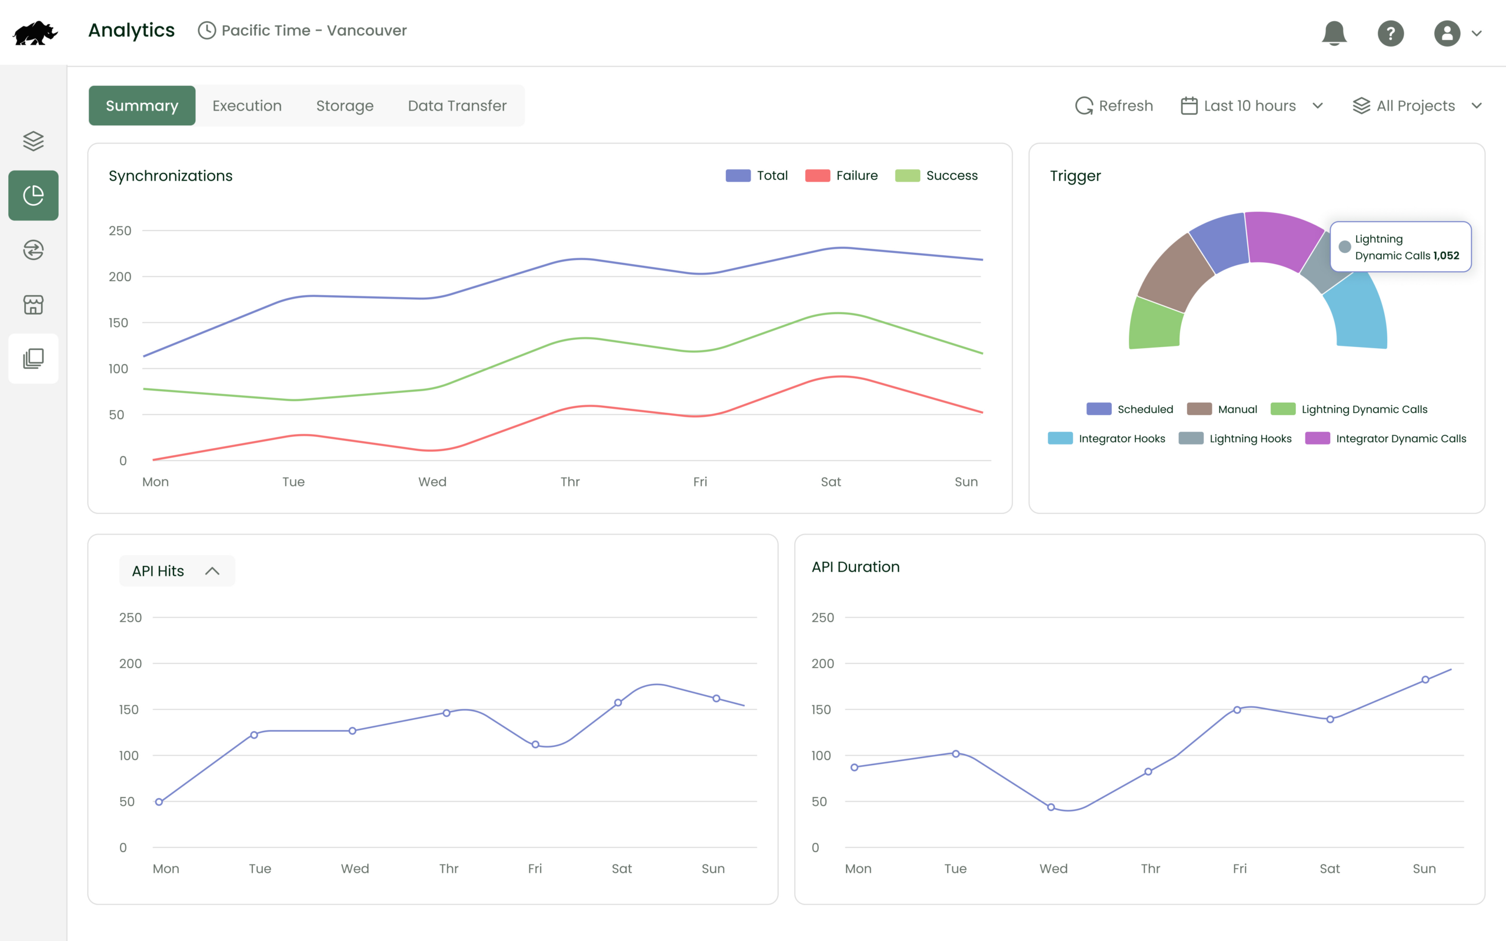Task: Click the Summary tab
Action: tap(142, 106)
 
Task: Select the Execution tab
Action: tap(247, 106)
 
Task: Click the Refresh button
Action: tap(1114, 106)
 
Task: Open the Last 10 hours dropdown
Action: tap(1251, 106)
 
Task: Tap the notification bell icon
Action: tap(1334, 33)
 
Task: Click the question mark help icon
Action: tap(1390, 33)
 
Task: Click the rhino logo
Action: tap(35, 33)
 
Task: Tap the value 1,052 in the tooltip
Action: tap(1446, 256)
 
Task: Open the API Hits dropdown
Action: tap(176, 570)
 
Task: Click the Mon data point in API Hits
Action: tap(159, 802)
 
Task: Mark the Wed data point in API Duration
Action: tap(1051, 807)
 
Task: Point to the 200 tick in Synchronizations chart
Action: tap(119, 276)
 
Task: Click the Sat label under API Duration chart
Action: tap(1330, 868)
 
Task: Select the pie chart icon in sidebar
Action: tap(34, 195)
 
